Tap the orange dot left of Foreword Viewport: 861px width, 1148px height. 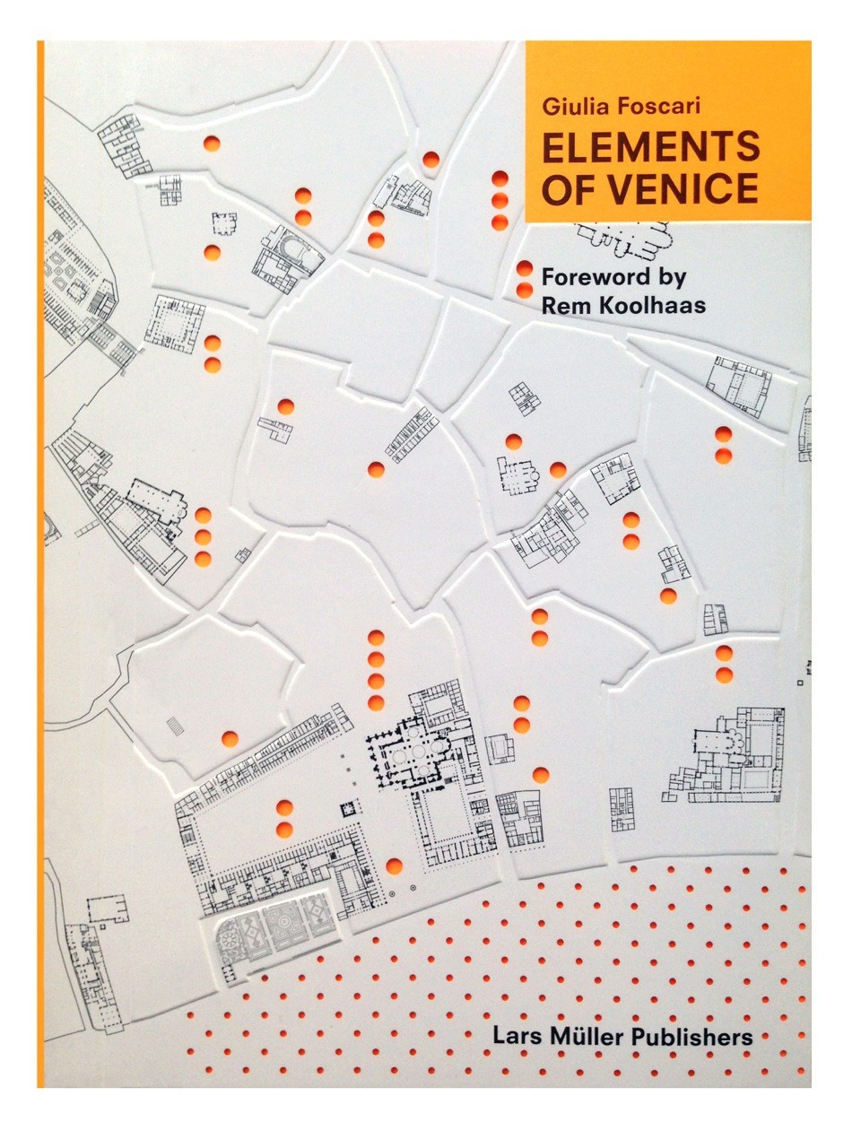[525, 268]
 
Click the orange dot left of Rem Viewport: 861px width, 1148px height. [525, 290]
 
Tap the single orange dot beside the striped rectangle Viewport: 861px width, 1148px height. [230, 735]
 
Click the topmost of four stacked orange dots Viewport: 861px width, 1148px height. [376, 639]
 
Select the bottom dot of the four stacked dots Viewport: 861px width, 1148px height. [376, 703]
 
